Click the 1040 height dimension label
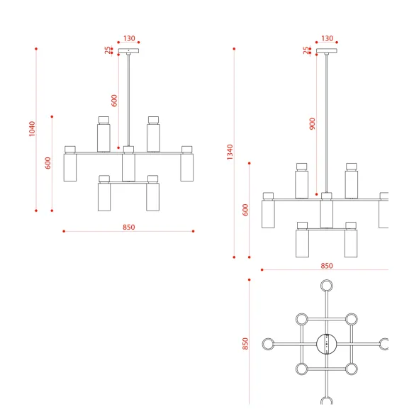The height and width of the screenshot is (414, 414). pyautogui.click(x=32, y=129)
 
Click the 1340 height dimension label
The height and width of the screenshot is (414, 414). pyautogui.click(x=230, y=152)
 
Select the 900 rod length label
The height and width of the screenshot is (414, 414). pyautogui.click(x=313, y=124)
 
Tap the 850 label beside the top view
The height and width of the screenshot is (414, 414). pyautogui.click(x=245, y=344)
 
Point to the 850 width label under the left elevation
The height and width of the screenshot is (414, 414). pyautogui.click(x=129, y=227)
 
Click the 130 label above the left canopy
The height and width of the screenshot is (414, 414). pyautogui.click(x=129, y=38)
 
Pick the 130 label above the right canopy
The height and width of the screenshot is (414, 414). pyautogui.click(x=327, y=38)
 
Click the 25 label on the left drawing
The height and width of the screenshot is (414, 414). pyautogui.click(x=108, y=50)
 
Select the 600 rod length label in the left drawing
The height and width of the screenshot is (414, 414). pyautogui.click(x=114, y=101)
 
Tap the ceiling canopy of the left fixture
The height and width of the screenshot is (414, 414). pyautogui.click(x=128, y=51)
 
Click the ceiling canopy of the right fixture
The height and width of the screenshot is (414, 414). pyautogui.click(x=327, y=51)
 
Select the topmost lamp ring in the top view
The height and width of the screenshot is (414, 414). pyautogui.click(x=327, y=280)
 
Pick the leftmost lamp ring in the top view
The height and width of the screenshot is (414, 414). pyautogui.click(x=262, y=344)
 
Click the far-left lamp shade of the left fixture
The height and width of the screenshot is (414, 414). pyautogui.click(x=70, y=168)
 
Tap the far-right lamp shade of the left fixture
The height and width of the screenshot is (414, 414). pyautogui.click(x=186, y=168)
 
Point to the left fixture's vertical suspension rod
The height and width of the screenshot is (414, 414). pyautogui.click(x=128, y=101)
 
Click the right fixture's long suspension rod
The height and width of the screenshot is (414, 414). pyautogui.click(x=327, y=123)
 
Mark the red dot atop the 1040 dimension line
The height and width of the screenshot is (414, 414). pyautogui.click(x=36, y=49)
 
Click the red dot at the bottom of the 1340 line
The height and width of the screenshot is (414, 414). pyautogui.click(x=234, y=257)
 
